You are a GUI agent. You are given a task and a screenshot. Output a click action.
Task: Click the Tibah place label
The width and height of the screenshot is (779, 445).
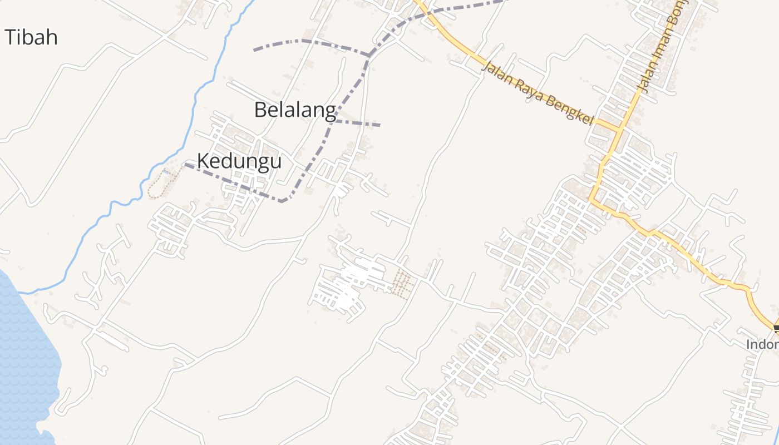[x=31, y=37]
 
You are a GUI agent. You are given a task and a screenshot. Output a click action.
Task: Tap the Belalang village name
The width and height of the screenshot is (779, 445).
[x=295, y=110]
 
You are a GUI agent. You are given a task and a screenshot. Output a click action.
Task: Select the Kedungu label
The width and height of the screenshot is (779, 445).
[x=239, y=161]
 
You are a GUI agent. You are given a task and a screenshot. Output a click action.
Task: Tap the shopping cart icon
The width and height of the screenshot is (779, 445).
[x=776, y=329]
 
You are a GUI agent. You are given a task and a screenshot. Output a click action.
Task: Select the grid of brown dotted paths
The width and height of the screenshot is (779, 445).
[x=402, y=283]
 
